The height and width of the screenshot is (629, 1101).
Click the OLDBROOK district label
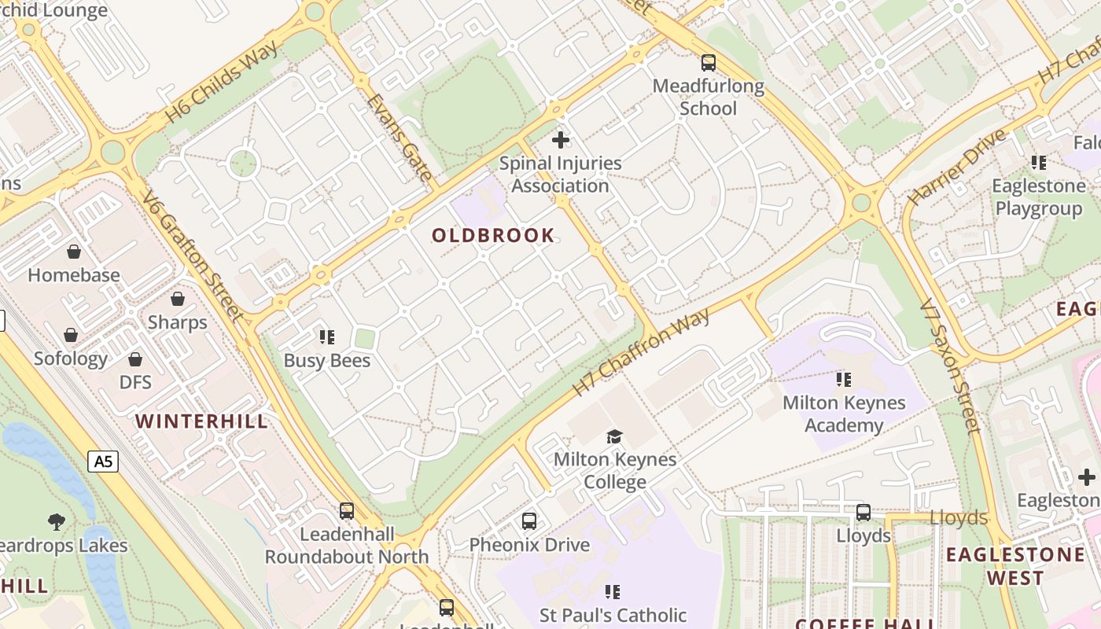(493, 235)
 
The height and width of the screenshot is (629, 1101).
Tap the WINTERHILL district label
(201, 421)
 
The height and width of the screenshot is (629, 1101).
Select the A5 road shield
(104, 462)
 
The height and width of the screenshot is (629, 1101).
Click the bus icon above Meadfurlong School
(709, 63)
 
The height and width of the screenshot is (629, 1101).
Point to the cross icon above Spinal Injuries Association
(560, 140)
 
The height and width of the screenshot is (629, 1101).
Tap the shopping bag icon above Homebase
(74, 252)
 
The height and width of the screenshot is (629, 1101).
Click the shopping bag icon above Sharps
(178, 299)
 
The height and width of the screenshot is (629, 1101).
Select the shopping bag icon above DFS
(135, 359)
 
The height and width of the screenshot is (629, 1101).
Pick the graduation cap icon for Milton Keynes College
(614, 436)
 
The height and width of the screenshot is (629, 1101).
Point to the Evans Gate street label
(400, 138)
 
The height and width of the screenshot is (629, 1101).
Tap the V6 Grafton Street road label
(191, 256)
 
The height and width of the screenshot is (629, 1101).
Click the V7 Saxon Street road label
(952, 366)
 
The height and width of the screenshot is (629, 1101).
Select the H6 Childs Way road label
(221, 83)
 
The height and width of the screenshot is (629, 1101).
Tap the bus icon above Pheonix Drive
(529, 520)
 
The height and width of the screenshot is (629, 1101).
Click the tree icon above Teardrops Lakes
(56, 521)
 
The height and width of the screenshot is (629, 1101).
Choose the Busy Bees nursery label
(326, 360)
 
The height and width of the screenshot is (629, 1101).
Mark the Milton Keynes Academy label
(844, 414)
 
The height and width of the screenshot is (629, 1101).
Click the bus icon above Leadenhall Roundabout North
(347, 511)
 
